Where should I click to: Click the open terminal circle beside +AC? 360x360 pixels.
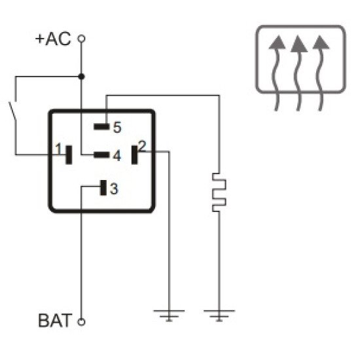click(81, 39)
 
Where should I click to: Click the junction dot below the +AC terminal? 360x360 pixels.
click(81, 77)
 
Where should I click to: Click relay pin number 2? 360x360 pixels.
click(143, 146)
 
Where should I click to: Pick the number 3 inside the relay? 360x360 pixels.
click(114, 189)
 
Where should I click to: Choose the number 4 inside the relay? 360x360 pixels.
click(116, 156)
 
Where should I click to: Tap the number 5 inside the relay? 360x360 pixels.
click(117, 126)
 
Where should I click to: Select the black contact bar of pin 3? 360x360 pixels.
click(103, 188)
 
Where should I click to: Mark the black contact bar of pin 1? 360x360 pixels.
click(68, 155)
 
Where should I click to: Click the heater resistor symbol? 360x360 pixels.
click(217, 192)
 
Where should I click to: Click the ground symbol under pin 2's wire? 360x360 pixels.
click(170, 315)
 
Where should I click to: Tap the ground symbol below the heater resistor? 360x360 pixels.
click(217, 315)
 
